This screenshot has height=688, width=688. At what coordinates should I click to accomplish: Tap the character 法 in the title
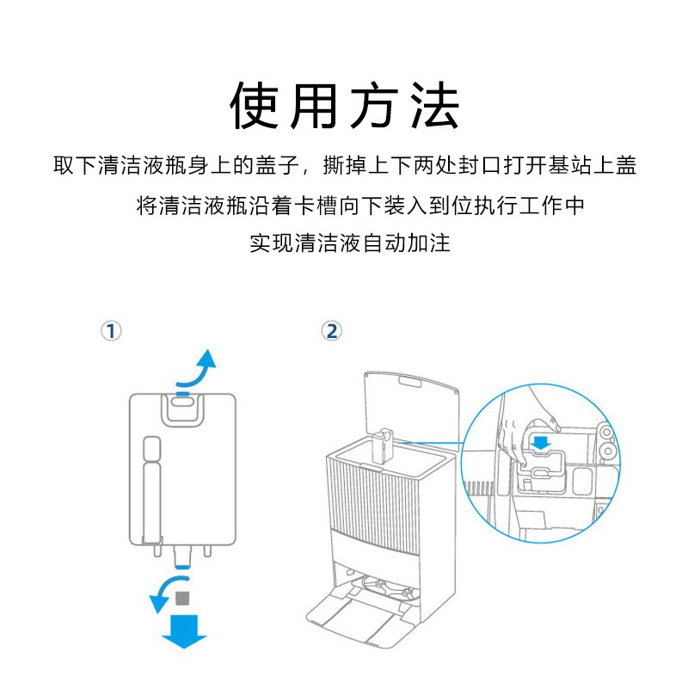[433, 107]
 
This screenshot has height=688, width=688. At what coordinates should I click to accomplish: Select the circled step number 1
[111, 331]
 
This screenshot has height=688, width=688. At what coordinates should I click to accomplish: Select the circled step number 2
[331, 331]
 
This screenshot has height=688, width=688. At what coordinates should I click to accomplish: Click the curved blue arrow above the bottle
[199, 369]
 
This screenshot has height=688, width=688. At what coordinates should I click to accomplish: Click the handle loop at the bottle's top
[181, 408]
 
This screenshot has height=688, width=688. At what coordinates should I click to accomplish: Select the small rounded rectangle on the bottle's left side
[151, 449]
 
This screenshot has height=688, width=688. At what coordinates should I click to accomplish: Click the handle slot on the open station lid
[408, 380]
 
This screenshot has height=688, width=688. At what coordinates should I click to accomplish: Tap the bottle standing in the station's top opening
[384, 446]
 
